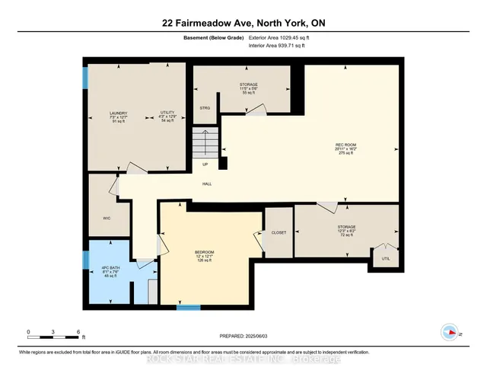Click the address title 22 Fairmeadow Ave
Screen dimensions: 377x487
coord(243,23)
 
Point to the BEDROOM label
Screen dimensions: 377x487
coord(205,252)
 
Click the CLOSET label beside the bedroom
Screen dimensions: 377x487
coord(279,232)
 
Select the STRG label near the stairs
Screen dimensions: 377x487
coord(205,108)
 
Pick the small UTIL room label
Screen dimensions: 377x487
coord(384,259)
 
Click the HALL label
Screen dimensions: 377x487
coord(206,184)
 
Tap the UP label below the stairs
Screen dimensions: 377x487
coord(205,165)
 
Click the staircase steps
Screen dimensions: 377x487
coord(205,142)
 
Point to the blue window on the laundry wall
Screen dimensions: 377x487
coord(85,78)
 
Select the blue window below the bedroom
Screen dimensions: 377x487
coord(188,308)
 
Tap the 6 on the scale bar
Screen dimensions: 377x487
coord(79,332)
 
